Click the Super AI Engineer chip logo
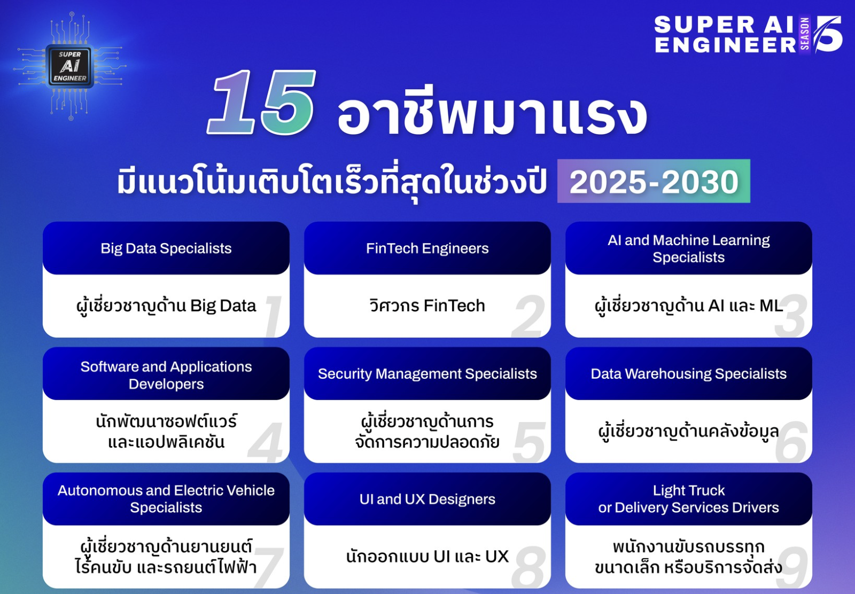tap(70, 66)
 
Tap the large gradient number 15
tap(261, 102)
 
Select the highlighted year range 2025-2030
tap(654, 181)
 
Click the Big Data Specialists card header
tap(166, 248)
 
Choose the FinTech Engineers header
tap(427, 248)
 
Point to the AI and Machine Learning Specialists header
tap(689, 248)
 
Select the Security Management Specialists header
tap(427, 373)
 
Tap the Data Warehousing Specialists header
tap(689, 373)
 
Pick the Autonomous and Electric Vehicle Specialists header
tap(166, 499)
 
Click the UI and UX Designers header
tap(427, 499)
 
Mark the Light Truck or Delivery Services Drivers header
tap(689, 499)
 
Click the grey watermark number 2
tap(528, 316)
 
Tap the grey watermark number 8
tap(528, 567)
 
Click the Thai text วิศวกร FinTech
tap(427, 306)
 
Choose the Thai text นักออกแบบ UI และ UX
tap(427, 557)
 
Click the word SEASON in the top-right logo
tap(805, 34)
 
